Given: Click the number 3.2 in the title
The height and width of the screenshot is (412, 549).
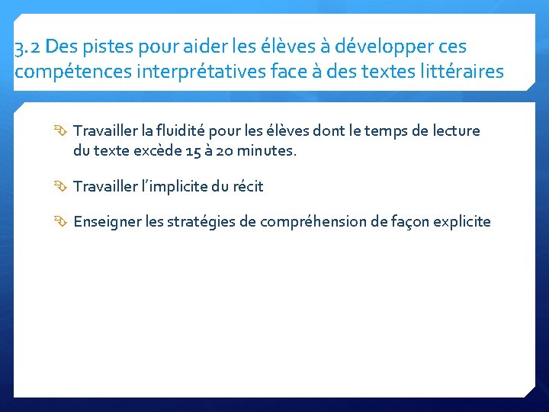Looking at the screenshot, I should (27, 47).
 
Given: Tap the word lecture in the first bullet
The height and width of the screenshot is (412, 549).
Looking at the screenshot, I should (455, 130).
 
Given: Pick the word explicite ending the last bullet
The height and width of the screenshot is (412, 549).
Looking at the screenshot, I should (462, 222).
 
